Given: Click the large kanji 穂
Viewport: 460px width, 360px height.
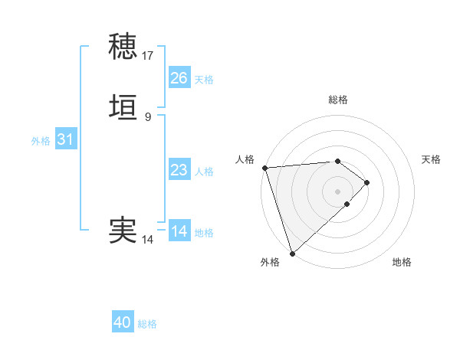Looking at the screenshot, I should [123, 47].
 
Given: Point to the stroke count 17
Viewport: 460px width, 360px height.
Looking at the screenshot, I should [148, 56].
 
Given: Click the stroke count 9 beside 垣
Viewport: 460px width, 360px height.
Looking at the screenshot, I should [148, 117].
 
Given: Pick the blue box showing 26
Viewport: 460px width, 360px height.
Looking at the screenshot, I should [179, 78].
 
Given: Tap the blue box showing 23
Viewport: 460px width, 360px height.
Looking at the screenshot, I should [179, 170].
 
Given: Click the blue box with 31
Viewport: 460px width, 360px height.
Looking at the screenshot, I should [66, 140].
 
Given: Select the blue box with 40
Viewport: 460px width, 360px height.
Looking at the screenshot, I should [123, 322].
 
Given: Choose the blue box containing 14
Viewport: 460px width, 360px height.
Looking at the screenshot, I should [179, 231].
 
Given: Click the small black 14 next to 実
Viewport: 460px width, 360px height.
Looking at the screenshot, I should [148, 240].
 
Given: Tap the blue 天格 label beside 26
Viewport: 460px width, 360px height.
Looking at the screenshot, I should [204, 80].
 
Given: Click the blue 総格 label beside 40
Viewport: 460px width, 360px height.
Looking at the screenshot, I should [147, 324].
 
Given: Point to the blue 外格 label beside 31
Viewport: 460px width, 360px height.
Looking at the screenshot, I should [41, 141].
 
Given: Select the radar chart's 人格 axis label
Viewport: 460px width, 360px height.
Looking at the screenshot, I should [245, 159].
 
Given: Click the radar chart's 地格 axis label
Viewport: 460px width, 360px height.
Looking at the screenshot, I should [402, 262].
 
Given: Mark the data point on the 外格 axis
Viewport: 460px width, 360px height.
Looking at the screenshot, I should [291, 253].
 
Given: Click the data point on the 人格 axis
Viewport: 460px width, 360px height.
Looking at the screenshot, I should [264, 168].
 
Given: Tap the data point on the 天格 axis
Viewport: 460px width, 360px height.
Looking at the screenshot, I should [367, 182].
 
